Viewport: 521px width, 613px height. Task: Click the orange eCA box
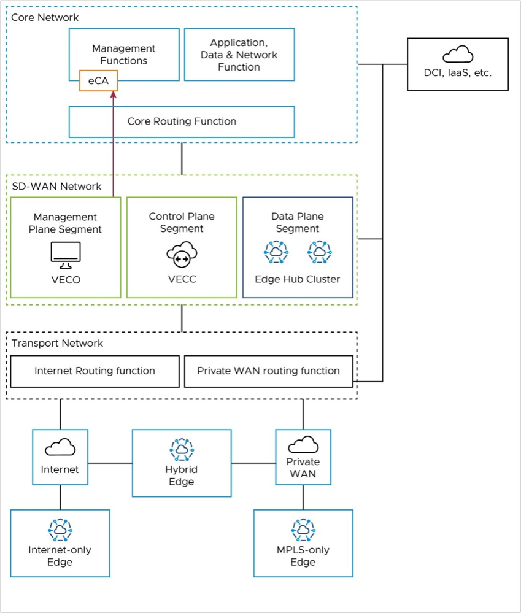pos(98,80)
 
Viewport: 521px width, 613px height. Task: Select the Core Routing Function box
pos(182,121)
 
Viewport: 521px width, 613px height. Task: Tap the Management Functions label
pos(124,54)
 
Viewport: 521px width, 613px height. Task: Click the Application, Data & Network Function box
pos(239,55)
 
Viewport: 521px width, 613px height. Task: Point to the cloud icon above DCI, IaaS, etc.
pos(458,55)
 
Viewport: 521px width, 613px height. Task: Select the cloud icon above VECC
pos(182,255)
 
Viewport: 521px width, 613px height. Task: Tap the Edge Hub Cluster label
pos(298,279)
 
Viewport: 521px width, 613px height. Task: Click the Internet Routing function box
pos(95,371)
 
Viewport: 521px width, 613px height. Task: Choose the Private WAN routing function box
pos(268,371)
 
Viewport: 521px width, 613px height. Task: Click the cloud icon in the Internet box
pos(60,447)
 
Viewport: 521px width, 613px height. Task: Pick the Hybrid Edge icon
pos(182,450)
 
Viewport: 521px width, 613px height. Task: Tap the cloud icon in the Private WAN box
pos(303,444)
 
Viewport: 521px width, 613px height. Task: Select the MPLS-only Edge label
pos(303,556)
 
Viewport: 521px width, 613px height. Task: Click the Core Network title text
pos(45,17)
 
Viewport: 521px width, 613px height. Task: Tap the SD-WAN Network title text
pos(56,186)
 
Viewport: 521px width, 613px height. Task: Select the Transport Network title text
pos(58,343)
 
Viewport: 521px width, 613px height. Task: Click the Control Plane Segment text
pos(182,222)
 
